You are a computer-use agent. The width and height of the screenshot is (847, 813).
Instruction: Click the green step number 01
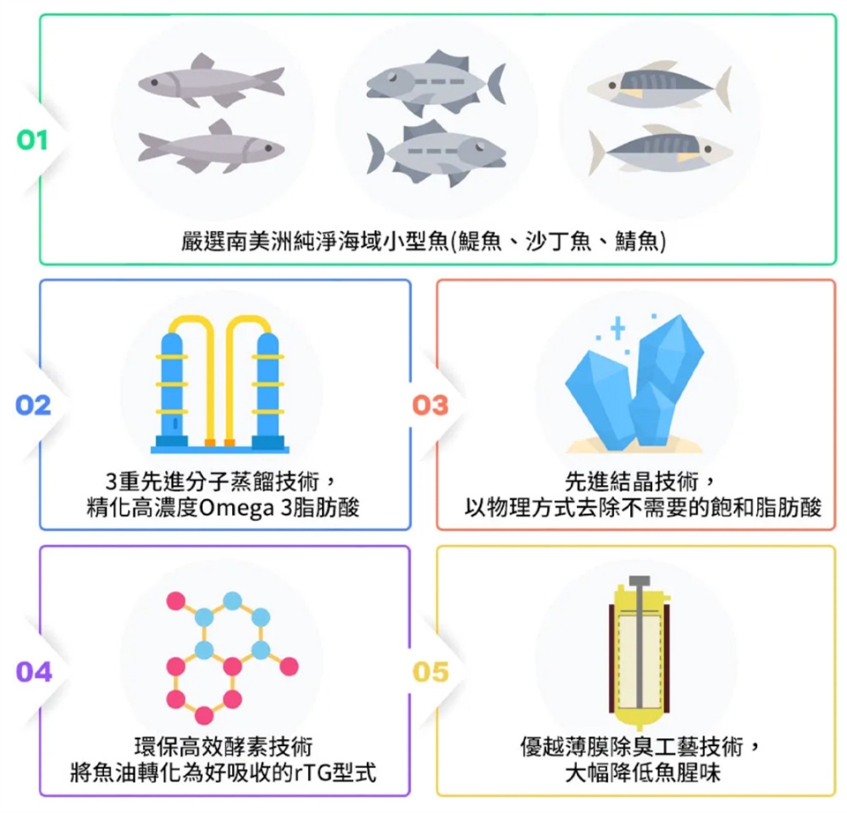click(33, 140)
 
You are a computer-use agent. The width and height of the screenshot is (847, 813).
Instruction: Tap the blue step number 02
click(33, 406)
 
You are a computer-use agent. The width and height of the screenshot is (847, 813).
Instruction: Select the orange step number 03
click(431, 406)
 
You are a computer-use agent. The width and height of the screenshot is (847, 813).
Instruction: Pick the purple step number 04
click(34, 672)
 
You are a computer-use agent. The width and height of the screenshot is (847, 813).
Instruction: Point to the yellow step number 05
click(431, 672)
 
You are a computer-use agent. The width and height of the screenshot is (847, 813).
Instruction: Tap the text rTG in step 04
click(317, 774)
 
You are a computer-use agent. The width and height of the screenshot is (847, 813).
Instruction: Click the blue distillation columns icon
click(219, 384)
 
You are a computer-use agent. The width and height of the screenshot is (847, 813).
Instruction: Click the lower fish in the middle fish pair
click(438, 153)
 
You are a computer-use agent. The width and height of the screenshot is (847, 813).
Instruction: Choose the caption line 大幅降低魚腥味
click(636, 774)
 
